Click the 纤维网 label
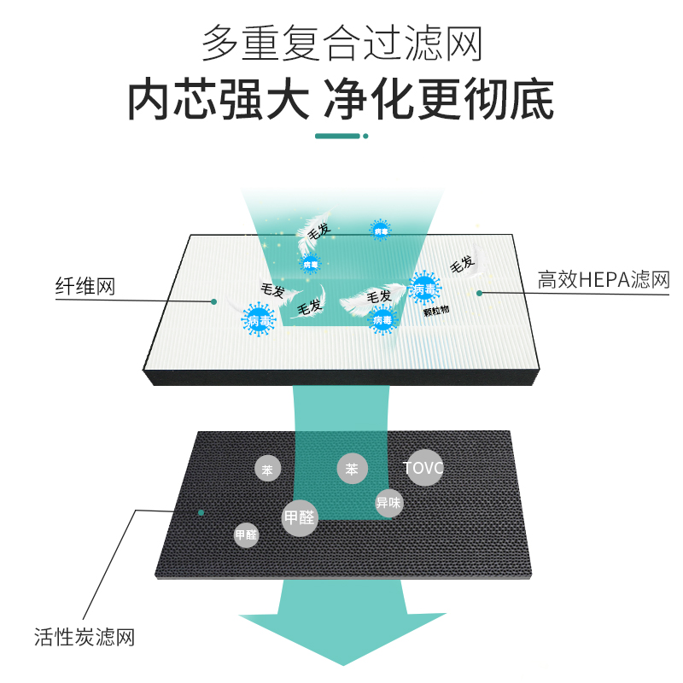(85, 287)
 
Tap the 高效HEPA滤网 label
(603, 280)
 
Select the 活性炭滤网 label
(85, 637)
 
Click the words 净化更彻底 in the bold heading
(439, 101)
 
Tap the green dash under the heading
(338, 135)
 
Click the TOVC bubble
(424, 468)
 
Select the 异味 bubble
(388, 503)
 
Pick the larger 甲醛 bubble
(299, 517)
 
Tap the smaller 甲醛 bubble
(246, 535)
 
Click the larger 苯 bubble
(352, 469)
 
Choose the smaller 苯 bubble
(268, 469)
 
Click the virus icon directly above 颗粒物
(425, 289)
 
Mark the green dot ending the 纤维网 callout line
(214, 301)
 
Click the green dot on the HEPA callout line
(480, 293)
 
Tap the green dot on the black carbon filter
(201, 512)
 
